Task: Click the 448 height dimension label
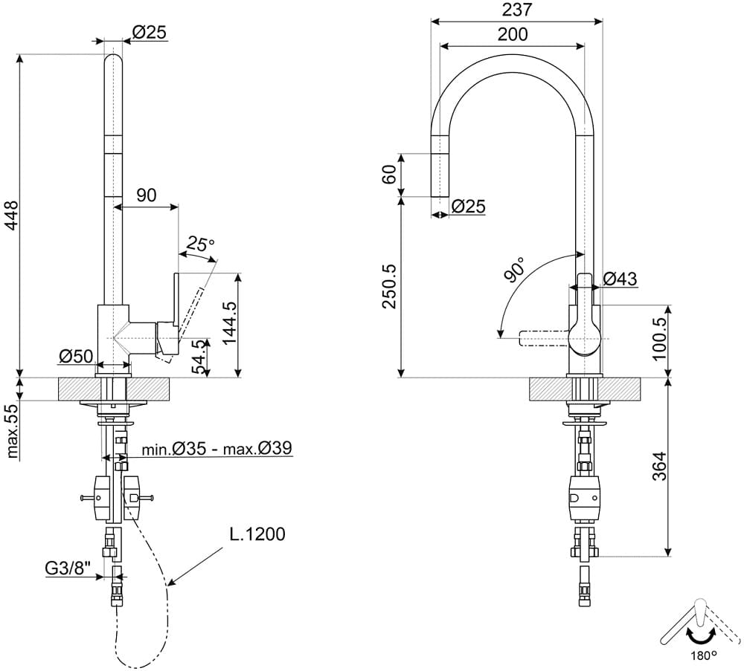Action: coord(12,215)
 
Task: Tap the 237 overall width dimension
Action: coord(517,9)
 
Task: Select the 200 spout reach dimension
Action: coord(513,34)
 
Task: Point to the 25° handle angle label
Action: coord(199,243)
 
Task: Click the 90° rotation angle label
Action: coord(514,269)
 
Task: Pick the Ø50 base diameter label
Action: coord(77,355)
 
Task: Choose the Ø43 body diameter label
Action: coord(620,279)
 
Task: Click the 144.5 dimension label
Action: coord(231,323)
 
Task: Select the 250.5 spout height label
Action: coord(390,286)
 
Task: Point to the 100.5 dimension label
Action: coord(659,338)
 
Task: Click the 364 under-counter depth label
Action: coord(659,466)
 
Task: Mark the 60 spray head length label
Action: coord(389,174)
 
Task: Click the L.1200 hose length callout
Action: coord(257,534)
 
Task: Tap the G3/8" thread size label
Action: coord(68,568)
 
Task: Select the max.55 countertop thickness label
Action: coord(13,430)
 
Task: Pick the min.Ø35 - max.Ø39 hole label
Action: coord(217,448)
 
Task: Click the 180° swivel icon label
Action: coord(704,656)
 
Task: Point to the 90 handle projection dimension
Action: coord(146,195)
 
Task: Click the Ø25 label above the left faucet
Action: coord(149,32)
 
